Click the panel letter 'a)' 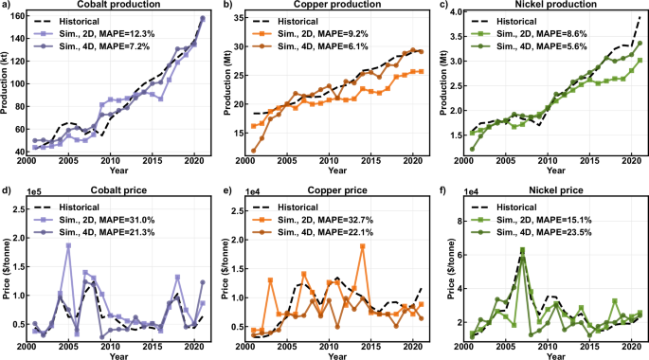[7, 6]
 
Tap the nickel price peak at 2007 [522, 250]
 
